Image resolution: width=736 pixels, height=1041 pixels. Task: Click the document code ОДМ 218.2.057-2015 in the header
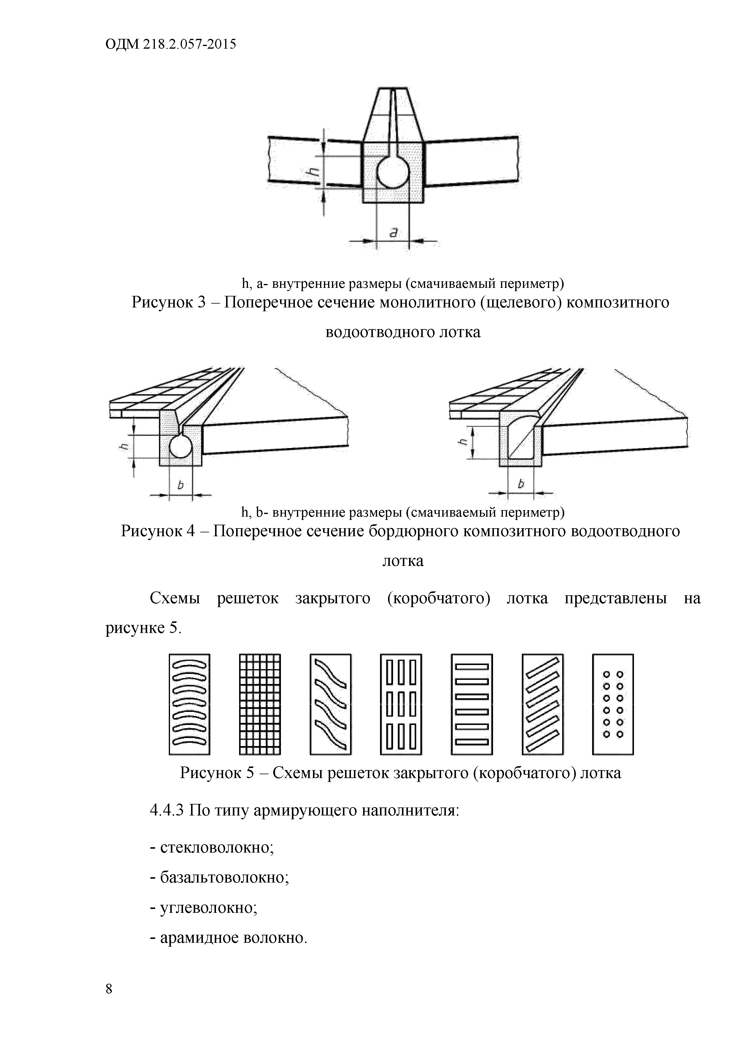click(170, 45)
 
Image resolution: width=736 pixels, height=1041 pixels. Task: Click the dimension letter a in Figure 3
click(393, 233)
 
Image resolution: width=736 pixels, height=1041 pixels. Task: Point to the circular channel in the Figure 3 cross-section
click(392, 172)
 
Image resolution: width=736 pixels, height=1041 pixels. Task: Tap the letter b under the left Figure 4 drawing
click(180, 485)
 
